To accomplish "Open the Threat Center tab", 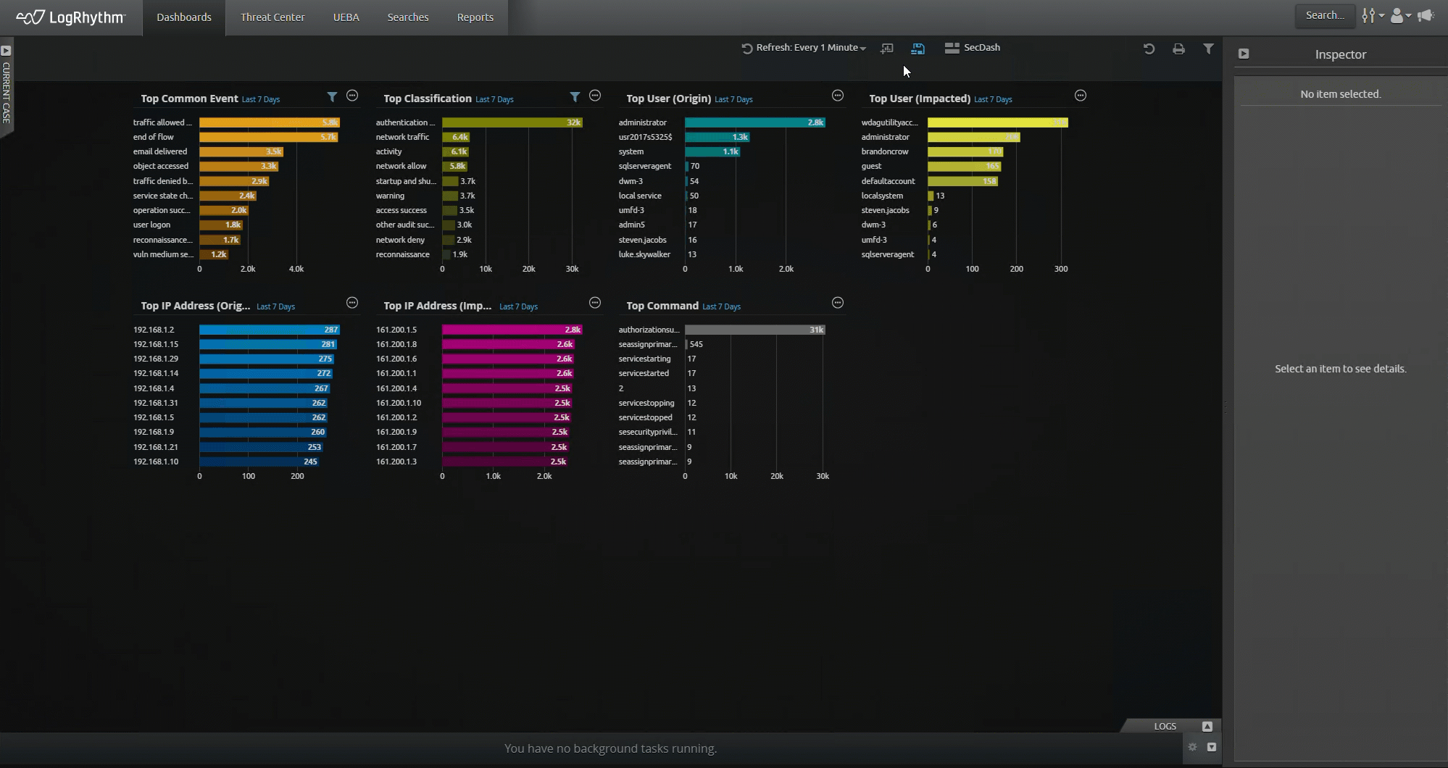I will pyautogui.click(x=272, y=17).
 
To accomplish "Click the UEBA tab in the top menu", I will pyautogui.click(x=346, y=17).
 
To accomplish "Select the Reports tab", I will pyautogui.click(x=475, y=17).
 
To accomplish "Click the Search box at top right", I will pyautogui.click(x=1324, y=15).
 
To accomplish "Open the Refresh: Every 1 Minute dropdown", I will pyautogui.click(x=804, y=48).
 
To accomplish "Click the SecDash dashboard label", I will pyautogui.click(x=981, y=48).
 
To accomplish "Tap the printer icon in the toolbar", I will pyautogui.click(x=1178, y=49).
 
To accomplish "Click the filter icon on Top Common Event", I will pyautogui.click(x=332, y=96).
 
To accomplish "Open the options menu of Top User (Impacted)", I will pyautogui.click(x=1080, y=96).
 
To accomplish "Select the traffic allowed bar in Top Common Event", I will pyautogui.click(x=269, y=122).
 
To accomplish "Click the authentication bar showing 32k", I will pyautogui.click(x=512, y=122).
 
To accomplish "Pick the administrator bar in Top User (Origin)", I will pyautogui.click(x=754, y=122).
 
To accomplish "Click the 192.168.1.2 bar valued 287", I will pyautogui.click(x=269, y=330).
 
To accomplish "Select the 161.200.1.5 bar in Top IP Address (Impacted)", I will pyautogui.click(x=512, y=330).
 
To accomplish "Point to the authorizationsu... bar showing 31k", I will pyautogui.click(x=754, y=330).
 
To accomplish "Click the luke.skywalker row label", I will pyautogui.click(x=644, y=254).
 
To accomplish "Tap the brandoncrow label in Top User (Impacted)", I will pyautogui.click(x=884, y=151).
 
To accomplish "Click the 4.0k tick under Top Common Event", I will pyautogui.click(x=296, y=269).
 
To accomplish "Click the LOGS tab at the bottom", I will pyautogui.click(x=1165, y=726).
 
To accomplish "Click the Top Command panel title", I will pyautogui.click(x=662, y=306).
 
